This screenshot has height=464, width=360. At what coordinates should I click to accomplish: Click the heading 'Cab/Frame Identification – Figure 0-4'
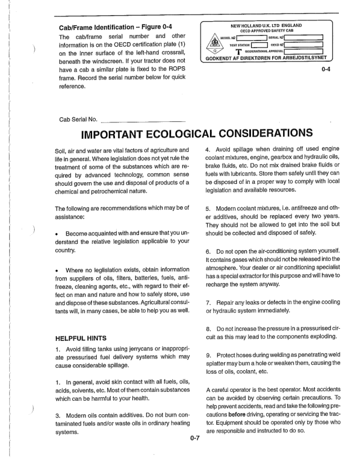(x=120, y=27)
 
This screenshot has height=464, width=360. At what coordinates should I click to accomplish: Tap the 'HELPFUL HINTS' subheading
(x=81, y=338)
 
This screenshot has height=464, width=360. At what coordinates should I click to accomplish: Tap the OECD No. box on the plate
(x=305, y=45)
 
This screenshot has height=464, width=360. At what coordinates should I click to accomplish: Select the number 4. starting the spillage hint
(x=209, y=151)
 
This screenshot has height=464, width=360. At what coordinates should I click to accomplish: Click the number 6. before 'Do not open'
(x=209, y=251)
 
